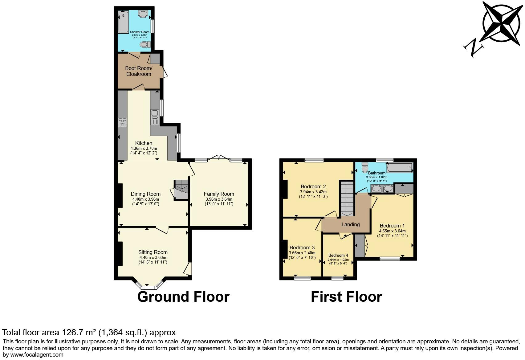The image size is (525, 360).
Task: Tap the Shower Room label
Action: (140, 32)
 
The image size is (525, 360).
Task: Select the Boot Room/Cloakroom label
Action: (138, 71)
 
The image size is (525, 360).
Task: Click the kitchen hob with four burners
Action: (123, 122)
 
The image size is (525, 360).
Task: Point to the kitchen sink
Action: (154, 117)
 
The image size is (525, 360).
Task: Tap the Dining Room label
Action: (145, 194)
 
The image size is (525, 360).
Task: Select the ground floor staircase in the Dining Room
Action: (181, 189)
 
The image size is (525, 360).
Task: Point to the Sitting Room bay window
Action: (148, 286)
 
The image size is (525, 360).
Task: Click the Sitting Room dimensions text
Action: (153, 260)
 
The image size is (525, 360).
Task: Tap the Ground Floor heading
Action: (183, 297)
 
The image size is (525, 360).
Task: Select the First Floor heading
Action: (346, 297)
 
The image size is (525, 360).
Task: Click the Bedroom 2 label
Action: (313, 186)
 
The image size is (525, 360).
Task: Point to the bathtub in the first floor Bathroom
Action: (400, 167)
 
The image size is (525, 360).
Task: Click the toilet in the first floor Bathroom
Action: (365, 167)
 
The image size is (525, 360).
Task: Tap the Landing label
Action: (350, 224)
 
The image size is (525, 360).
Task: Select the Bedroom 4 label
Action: (338, 255)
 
